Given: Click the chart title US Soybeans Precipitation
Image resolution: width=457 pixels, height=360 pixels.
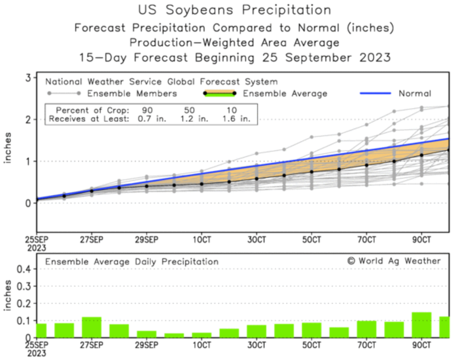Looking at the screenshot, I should click(234, 10).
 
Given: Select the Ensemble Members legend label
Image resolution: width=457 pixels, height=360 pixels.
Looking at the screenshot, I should click(132, 93).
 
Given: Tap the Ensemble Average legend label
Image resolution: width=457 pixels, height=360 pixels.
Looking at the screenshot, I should click(285, 93).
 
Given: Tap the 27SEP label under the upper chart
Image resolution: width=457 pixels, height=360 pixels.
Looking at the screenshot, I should click(91, 240).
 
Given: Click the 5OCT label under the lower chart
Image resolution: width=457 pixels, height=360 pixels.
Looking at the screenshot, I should click(312, 344).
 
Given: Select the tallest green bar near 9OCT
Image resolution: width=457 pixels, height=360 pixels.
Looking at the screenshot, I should click(421, 325).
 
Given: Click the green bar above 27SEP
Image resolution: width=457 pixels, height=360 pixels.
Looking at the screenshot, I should click(91, 327).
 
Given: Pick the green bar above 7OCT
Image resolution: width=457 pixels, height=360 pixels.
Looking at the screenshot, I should click(367, 329).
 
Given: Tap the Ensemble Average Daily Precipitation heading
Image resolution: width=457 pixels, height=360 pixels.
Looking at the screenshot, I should click(132, 261).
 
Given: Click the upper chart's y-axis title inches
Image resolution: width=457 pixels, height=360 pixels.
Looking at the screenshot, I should click(7, 147).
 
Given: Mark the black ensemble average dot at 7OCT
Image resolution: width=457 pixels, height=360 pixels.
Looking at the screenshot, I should click(367, 165).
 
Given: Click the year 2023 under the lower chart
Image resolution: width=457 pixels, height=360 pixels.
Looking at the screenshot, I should click(36, 353).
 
